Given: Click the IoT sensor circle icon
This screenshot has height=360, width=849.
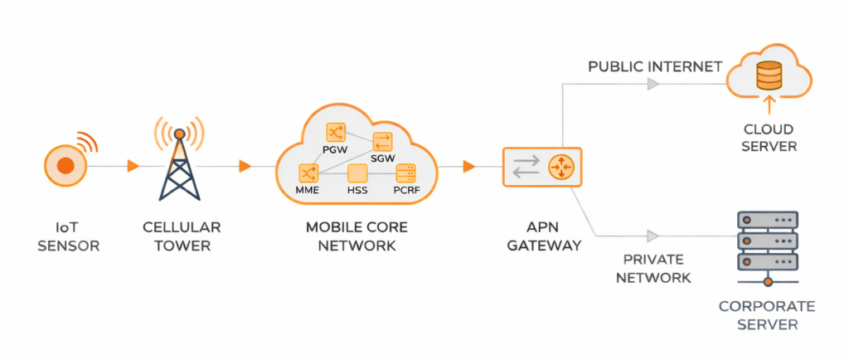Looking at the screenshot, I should pos(65,166).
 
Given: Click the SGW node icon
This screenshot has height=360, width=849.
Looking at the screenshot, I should pos(383,141).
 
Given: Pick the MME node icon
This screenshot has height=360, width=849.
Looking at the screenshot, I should pos(308,173).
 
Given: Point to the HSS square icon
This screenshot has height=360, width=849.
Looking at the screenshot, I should pos(357,173).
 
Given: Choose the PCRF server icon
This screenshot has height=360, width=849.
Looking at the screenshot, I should pos(405,173).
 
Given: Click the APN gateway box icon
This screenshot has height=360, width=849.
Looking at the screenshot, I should pos(542,167).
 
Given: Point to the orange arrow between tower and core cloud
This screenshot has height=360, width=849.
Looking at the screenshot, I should pos(245,167).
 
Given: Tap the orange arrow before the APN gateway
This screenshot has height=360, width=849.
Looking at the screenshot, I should pos(469,167).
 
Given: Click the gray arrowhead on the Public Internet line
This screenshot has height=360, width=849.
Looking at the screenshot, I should pos(654,84).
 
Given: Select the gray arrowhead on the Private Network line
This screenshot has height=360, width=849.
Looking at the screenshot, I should pos(654,236).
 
